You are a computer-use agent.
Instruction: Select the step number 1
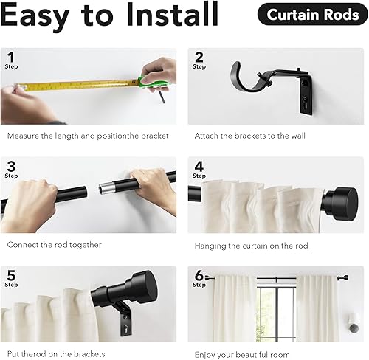(10, 57)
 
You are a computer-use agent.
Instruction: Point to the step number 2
(198, 57)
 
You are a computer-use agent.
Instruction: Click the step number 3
(10, 166)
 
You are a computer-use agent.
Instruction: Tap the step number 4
(198, 166)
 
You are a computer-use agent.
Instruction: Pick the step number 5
(10, 274)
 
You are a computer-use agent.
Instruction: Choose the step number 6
(198, 274)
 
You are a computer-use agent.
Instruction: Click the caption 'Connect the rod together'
(55, 245)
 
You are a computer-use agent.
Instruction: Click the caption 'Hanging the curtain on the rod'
(251, 245)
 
